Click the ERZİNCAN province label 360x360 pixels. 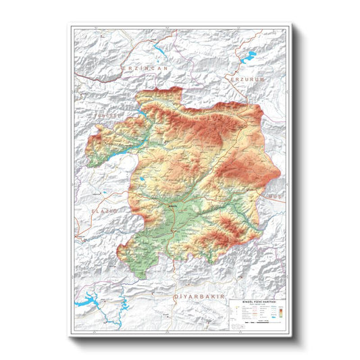click(145, 68)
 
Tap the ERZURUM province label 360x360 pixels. click(250, 79)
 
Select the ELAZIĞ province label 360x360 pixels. click(104, 211)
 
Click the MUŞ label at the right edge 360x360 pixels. click(274, 195)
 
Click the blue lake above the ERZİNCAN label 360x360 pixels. click(161, 49)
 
